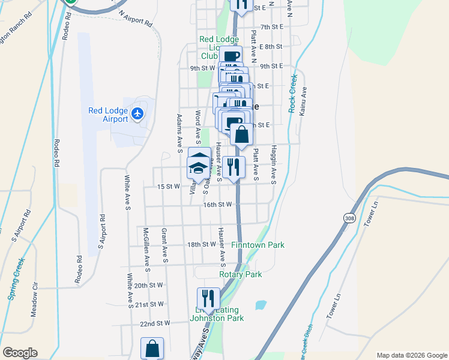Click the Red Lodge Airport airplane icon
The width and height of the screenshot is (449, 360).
tap(138, 113)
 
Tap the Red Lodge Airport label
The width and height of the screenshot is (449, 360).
tap(108, 115)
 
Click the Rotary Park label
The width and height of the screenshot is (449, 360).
tap(241, 274)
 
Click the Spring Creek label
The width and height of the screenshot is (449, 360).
tap(17, 271)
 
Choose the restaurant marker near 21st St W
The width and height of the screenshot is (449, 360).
tap(208, 298)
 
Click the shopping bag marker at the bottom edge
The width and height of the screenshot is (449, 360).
tap(152, 349)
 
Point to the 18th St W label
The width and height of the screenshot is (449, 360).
tap(201, 245)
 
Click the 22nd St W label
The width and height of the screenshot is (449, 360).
tap(155, 323)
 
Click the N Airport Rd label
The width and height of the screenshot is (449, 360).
tap(135, 20)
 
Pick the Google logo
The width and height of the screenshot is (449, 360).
tap(19, 353)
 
